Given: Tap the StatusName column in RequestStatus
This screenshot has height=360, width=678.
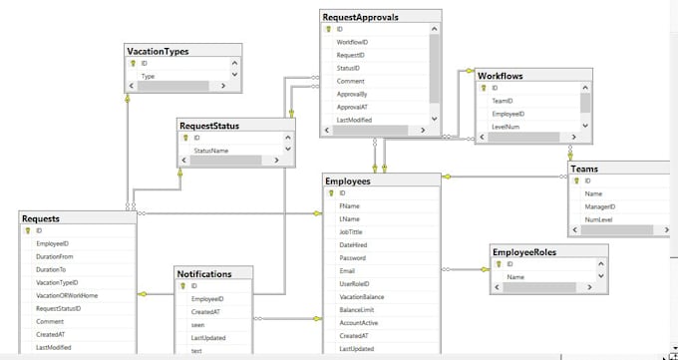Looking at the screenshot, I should pyautogui.click(x=210, y=150).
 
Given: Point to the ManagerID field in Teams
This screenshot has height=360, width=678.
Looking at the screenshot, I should pyautogui.click(x=601, y=206).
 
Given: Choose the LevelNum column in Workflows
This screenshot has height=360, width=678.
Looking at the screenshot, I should pyautogui.click(x=508, y=128).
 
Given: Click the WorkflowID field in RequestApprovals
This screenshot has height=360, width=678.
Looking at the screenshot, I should pyautogui.click(x=352, y=42).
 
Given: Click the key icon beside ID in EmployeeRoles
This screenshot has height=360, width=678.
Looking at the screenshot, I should pyautogui.click(x=498, y=264).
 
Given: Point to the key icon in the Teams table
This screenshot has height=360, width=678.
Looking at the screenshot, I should pyautogui.click(x=575, y=180).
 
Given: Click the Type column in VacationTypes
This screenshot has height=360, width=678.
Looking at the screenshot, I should pyautogui.click(x=148, y=76).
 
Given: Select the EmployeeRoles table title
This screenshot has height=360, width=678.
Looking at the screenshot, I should pyautogui.click(x=524, y=251).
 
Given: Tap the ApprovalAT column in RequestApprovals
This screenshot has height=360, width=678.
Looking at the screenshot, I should pyautogui.click(x=355, y=107).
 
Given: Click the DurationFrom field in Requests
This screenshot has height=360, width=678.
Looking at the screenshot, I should pyautogui.click(x=55, y=256).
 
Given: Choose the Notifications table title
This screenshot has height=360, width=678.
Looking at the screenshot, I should pyautogui.click(x=204, y=272).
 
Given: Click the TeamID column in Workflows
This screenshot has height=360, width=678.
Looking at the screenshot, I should pyautogui.click(x=503, y=101).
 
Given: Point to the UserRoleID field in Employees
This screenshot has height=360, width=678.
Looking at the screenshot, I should pyautogui.click(x=357, y=284).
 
